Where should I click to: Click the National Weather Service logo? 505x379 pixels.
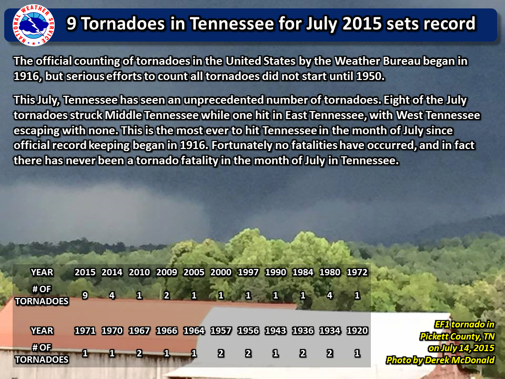pos(34,25)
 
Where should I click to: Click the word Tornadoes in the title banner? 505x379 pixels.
pos(123,24)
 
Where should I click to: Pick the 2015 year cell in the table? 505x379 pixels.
pos(85,272)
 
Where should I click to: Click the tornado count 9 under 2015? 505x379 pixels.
pos(85,295)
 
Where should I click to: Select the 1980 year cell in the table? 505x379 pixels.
pos(330,272)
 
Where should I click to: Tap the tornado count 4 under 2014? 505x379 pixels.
pos(112,295)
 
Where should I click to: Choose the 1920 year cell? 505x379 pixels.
pos(357,331)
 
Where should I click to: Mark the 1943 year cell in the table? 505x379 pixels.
pos(275,331)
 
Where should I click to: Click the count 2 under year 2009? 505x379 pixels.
pos(167,295)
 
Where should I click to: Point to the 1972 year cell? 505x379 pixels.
pos(357,272)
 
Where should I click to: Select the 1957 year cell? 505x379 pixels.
pos(221,331)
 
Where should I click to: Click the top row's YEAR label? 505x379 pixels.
pos(42,272)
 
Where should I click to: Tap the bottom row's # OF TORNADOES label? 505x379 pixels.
pos(42,354)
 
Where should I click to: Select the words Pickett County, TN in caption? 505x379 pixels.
pos(457,336)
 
